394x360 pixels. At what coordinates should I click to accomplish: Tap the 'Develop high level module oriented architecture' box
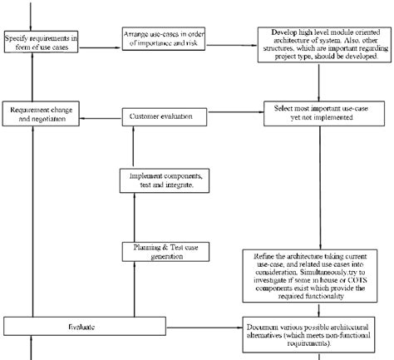coord(321,43)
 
